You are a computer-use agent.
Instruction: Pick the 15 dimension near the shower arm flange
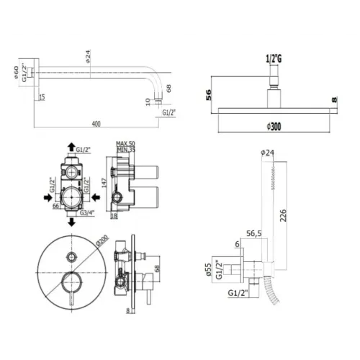[x=42, y=97]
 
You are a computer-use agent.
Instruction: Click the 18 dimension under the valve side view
[x=113, y=215]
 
